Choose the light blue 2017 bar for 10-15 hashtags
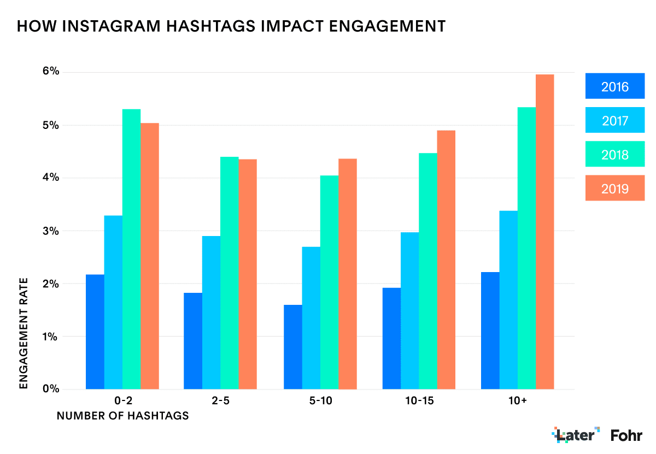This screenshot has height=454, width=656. coord(409,311)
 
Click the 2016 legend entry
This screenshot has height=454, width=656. coord(615,86)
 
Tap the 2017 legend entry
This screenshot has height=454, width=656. coord(615,120)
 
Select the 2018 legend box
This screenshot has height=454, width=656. coord(615,154)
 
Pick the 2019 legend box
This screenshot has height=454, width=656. coord(615,188)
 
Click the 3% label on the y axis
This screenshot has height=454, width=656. coord(50,231)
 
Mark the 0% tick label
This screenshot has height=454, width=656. coord(50,389)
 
